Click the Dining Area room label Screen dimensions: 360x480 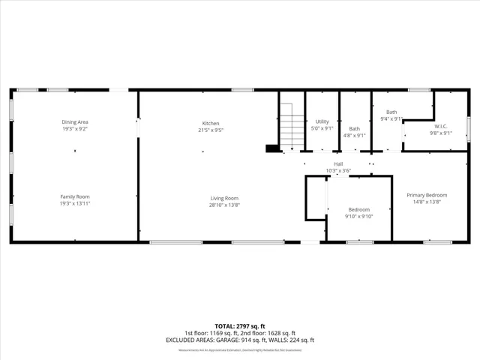[x=75, y=122]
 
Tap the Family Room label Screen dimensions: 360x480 [x=75, y=196]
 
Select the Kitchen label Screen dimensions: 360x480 [x=210, y=123]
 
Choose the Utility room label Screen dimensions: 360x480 [x=322, y=121]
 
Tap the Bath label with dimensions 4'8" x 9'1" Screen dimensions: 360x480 [x=354, y=128]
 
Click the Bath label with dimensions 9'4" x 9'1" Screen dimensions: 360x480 [x=391, y=112]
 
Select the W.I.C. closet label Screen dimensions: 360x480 [x=440, y=126]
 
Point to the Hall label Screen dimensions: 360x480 [x=338, y=163]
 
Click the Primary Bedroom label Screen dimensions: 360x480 [x=427, y=195]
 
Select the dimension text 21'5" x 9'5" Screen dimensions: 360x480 [x=210, y=130]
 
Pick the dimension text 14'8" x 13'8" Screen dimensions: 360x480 [x=427, y=201]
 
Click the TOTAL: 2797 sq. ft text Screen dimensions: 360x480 [x=240, y=326]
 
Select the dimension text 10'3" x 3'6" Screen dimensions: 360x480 [x=338, y=171]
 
